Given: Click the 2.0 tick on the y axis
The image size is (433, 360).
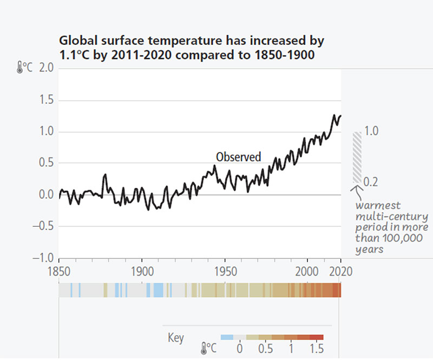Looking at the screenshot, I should pyautogui.click(x=46, y=69).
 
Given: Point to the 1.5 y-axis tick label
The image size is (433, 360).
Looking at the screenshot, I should pyautogui.click(x=46, y=100).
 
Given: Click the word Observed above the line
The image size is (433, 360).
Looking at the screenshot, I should pyautogui.click(x=238, y=157).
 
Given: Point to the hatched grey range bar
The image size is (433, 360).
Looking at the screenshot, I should pyautogui.click(x=357, y=157).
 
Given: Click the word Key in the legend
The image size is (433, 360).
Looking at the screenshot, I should pyautogui.click(x=176, y=338).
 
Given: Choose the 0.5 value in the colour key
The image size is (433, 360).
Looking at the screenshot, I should pyautogui.click(x=265, y=347).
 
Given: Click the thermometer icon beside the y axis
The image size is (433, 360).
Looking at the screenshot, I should pyautogui.click(x=19, y=68).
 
